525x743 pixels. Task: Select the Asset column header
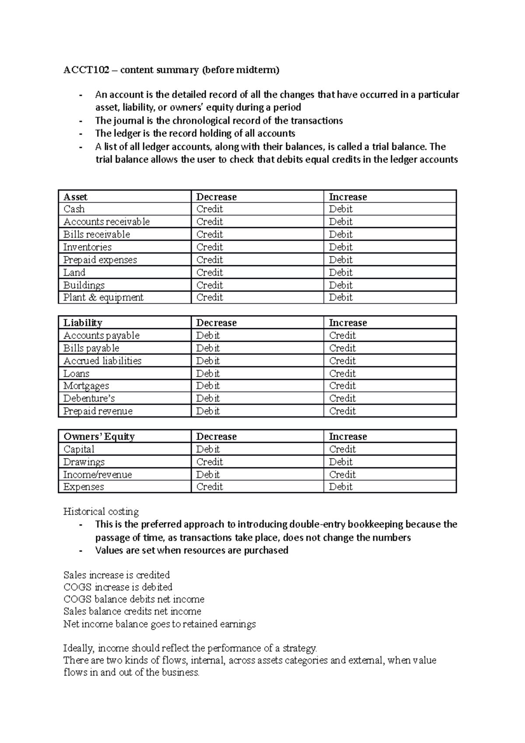point(75,197)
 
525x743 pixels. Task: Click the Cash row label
point(74,209)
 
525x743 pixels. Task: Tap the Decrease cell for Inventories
point(210,247)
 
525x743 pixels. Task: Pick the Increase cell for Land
point(340,273)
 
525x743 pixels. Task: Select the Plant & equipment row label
point(103,298)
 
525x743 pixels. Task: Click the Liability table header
point(83,323)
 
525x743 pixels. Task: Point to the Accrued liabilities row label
point(102,361)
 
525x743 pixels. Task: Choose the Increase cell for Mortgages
point(342,386)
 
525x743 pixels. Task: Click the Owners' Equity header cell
point(99,437)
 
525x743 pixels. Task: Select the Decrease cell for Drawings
point(210,462)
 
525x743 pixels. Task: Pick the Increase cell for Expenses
point(340,487)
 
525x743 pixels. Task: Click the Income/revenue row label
point(98,475)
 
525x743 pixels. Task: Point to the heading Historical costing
point(101,512)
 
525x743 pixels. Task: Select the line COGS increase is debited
point(118,587)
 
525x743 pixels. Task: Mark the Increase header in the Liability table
point(348,323)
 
